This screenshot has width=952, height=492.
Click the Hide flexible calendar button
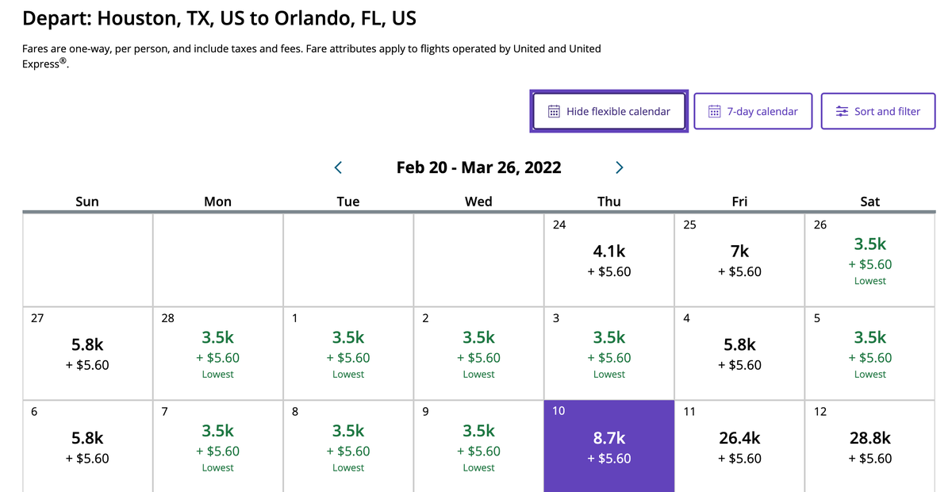click(x=609, y=111)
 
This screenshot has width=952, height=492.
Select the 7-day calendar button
click(x=754, y=111)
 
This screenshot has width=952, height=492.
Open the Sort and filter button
click(x=878, y=111)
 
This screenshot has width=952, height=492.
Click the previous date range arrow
click(x=339, y=167)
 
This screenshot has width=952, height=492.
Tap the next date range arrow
click(x=620, y=167)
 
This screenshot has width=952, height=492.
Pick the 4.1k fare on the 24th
click(x=609, y=252)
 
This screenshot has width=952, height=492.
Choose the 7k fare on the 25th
click(x=739, y=252)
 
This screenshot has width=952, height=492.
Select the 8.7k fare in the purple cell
click(x=609, y=438)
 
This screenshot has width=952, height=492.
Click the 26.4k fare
click(x=739, y=438)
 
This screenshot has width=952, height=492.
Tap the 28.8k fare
click(x=869, y=438)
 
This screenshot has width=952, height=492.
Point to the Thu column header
click(x=609, y=202)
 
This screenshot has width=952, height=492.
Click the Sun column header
click(x=87, y=202)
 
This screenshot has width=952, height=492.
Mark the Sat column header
click(x=869, y=202)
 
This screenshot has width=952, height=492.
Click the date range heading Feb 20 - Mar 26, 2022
click(x=478, y=167)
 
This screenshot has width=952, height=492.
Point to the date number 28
click(x=167, y=318)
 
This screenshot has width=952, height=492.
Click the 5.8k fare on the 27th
click(x=87, y=345)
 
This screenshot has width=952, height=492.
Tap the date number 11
click(x=689, y=412)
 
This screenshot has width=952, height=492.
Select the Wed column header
click(x=478, y=202)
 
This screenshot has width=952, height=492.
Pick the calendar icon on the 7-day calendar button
click(x=715, y=111)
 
